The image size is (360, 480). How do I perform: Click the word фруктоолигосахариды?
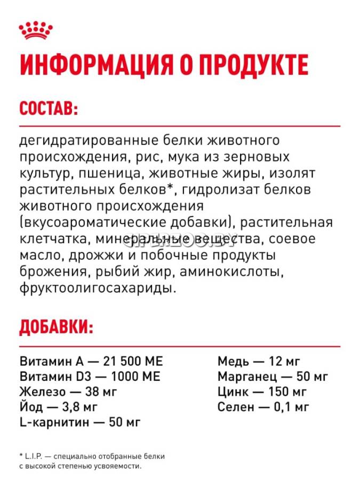click(x=98, y=288)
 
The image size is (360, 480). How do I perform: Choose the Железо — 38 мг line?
click(x=68, y=392)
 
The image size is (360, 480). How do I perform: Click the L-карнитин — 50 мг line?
click(x=79, y=423)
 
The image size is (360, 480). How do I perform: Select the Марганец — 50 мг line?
click(x=272, y=376)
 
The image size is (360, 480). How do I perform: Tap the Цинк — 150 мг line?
click(x=262, y=392)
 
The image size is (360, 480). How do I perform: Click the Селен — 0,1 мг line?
click(x=263, y=408)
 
